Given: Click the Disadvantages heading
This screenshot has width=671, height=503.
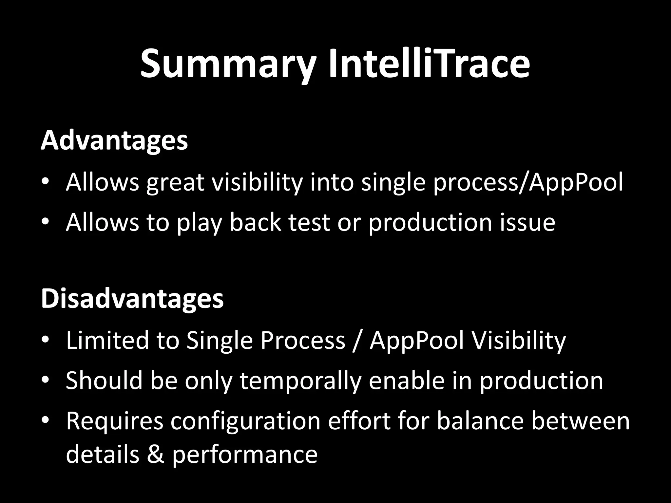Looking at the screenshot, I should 132,299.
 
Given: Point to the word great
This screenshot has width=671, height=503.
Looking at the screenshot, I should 175,182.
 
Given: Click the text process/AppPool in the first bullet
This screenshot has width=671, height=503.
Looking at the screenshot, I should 528,182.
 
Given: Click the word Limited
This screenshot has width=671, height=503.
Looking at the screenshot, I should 107,340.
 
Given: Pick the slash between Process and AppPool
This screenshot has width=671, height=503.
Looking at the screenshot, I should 357,341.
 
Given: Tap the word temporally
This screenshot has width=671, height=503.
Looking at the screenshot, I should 300,381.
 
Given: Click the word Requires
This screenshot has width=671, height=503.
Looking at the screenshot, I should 114,421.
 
